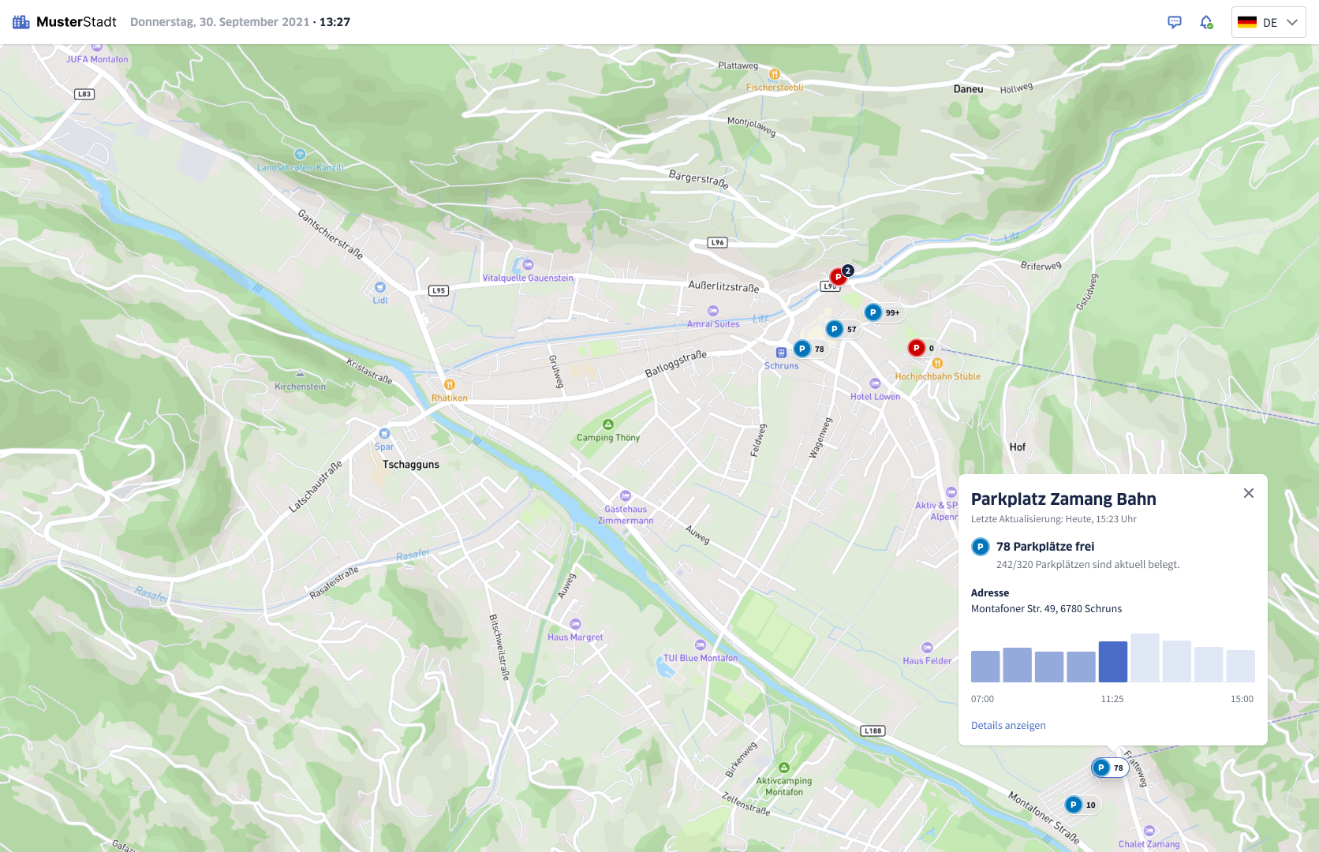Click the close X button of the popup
tap(1248, 493)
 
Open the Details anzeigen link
tap(1008, 726)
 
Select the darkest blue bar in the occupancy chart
tap(1112, 662)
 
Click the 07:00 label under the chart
tap(982, 699)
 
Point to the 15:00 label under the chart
tap(1242, 699)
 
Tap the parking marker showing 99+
tap(874, 312)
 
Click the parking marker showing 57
tap(835, 329)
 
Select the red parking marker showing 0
tap(916, 348)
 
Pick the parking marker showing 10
tap(1074, 805)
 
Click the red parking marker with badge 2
tap(839, 277)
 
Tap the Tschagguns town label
tap(411, 465)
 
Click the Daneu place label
tap(968, 89)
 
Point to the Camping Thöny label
tap(608, 438)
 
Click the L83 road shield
tap(84, 94)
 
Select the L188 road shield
tap(872, 731)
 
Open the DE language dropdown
tap(1268, 22)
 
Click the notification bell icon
tap(1205, 22)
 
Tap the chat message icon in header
tap(1174, 22)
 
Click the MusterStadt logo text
tap(76, 22)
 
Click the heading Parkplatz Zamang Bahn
tap(1063, 499)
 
